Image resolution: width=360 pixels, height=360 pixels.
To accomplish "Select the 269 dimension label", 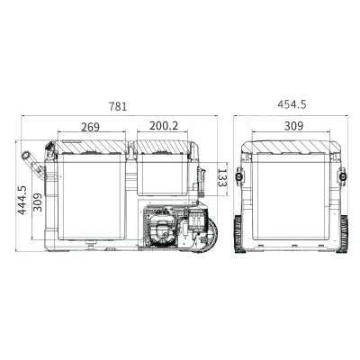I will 90,128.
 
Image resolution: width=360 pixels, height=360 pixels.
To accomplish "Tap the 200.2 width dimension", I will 164,128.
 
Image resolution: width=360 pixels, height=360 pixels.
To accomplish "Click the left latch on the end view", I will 240,177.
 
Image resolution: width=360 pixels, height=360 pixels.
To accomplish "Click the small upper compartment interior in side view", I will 163,175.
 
